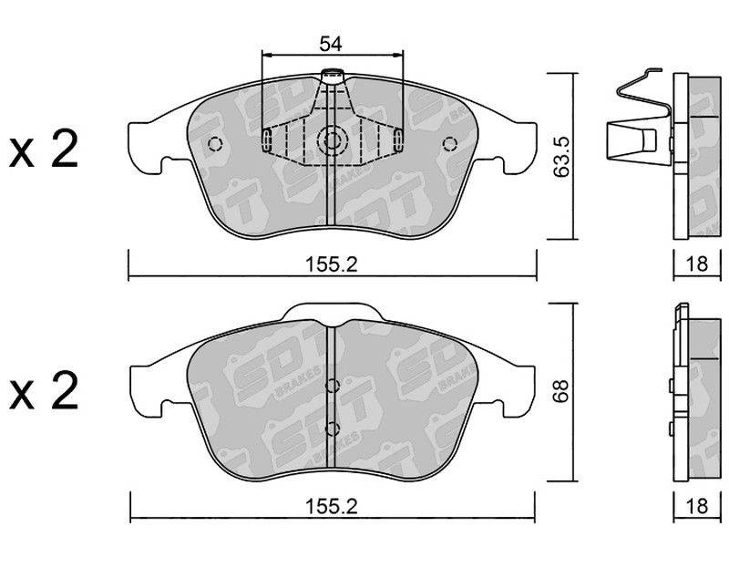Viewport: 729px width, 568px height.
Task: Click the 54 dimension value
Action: point(331,44)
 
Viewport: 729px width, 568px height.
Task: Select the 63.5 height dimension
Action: point(561,156)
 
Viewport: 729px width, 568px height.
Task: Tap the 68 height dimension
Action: point(561,391)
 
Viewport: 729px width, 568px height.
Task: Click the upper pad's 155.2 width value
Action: point(331,264)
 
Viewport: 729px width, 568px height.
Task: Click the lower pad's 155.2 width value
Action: point(331,507)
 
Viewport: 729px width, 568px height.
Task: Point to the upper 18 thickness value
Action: point(696,263)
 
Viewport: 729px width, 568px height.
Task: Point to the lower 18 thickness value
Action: point(696,506)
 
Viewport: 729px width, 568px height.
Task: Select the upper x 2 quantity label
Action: point(43,150)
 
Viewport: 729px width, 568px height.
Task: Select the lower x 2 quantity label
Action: point(43,391)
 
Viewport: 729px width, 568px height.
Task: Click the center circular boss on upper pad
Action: point(332,140)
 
